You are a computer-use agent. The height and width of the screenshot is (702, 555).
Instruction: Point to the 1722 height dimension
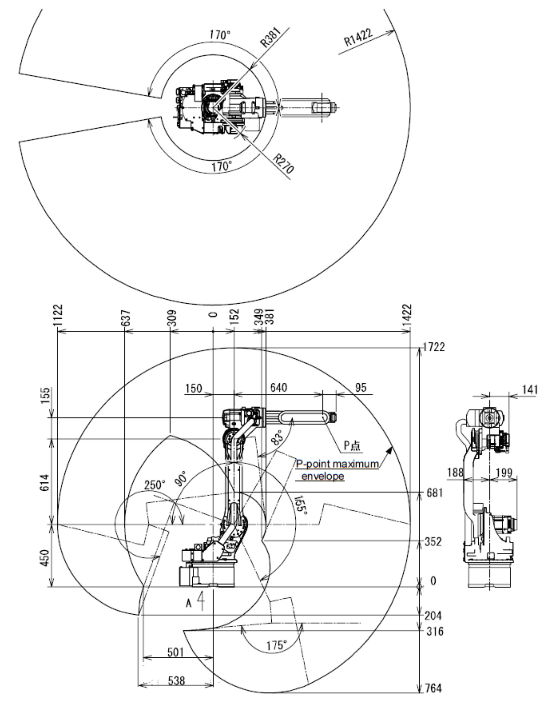point(434,347)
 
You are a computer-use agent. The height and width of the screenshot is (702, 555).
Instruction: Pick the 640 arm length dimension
point(278,388)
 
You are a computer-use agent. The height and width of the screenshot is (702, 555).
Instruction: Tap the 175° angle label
point(277,644)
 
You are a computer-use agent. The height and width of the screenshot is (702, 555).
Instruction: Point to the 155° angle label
point(301,505)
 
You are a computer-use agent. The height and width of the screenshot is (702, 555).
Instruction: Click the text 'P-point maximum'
point(337,464)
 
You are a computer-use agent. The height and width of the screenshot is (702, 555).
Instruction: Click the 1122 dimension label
point(58,315)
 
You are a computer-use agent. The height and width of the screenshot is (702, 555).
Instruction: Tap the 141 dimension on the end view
point(530,389)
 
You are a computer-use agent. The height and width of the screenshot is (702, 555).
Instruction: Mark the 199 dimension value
point(504,473)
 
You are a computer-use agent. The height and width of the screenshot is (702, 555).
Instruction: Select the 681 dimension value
point(434,492)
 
